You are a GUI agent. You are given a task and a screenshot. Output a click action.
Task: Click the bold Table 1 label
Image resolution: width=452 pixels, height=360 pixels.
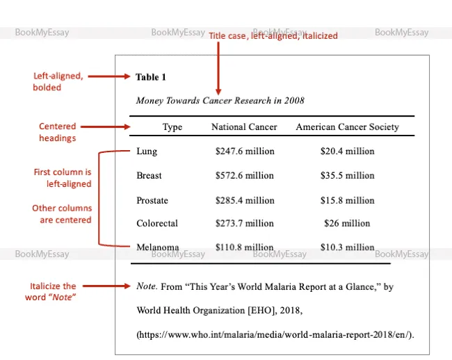pyautogui.click(x=151, y=77)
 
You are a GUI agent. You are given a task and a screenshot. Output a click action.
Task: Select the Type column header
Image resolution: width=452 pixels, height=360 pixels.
pyautogui.click(x=172, y=126)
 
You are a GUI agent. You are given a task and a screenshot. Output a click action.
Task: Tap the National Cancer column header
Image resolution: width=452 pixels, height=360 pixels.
pyautogui.click(x=244, y=126)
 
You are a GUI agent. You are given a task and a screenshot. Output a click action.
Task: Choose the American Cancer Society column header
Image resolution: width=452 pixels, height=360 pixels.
pyautogui.click(x=347, y=126)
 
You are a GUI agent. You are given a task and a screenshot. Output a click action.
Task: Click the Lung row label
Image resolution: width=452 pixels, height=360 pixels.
pyautogui.click(x=147, y=151)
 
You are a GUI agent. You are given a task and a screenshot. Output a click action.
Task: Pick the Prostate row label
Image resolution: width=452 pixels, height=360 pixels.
pyautogui.click(x=152, y=200)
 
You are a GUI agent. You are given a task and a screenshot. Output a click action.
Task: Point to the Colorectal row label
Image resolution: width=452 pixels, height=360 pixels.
pyautogui.click(x=157, y=223)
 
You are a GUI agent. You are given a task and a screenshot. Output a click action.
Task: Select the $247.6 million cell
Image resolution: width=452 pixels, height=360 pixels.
pyautogui.click(x=245, y=151)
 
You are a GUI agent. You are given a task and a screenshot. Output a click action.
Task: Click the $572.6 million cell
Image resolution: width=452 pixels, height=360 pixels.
pyautogui.click(x=245, y=176)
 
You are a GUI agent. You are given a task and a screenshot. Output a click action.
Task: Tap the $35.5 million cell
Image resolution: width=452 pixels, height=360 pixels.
pyautogui.click(x=347, y=176)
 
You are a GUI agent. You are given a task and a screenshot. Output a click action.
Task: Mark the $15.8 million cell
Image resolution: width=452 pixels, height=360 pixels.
pyautogui.click(x=347, y=200)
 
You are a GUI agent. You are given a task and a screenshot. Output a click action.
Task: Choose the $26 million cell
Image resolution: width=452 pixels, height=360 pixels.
pyautogui.click(x=347, y=223)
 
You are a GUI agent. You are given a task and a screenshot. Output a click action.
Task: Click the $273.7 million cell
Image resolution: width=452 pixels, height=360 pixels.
pyautogui.click(x=245, y=223)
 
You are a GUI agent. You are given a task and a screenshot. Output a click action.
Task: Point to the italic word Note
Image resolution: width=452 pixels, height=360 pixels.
pyautogui.click(x=146, y=286)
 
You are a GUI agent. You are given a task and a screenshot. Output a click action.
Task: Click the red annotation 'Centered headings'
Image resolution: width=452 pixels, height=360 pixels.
pyautogui.click(x=58, y=132)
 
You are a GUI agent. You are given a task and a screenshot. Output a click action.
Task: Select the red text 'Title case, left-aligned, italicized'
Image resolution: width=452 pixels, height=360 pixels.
pyautogui.click(x=273, y=35)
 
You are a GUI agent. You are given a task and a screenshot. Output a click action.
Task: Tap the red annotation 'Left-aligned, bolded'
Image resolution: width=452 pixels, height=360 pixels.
pyautogui.click(x=58, y=81)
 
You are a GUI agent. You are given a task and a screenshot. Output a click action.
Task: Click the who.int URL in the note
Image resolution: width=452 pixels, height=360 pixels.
pyautogui.click(x=275, y=334)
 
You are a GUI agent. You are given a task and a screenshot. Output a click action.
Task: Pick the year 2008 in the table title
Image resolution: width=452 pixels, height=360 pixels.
pyautogui.click(x=293, y=101)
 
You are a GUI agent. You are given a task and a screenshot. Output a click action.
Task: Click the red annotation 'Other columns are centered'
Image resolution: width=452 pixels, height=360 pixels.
pyautogui.click(x=62, y=213)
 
